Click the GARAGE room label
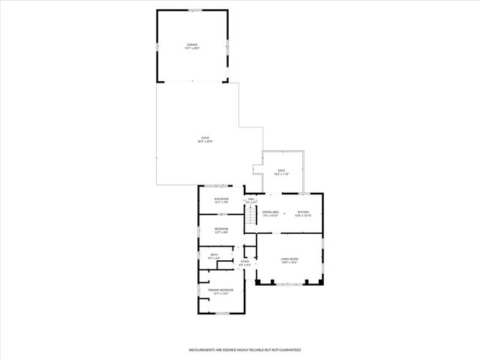click(x=193, y=45)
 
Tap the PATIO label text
click(x=205, y=139)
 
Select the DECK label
click(x=281, y=171)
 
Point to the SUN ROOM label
click(x=221, y=199)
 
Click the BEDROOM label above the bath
click(x=221, y=229)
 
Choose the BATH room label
click(x=214, y=255)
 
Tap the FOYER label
click(x=244, y=262)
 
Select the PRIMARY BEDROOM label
click(x=221, y=291)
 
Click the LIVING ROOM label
click(x=289, y=261)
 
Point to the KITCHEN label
click(x=302, y=213)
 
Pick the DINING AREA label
click(x=271, y=213)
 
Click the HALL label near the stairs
click(x=251, y=199)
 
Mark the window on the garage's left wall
click(x=157, y=46)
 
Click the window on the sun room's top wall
click(x=220, y=187)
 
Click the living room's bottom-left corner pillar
click(x=259, y=283)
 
